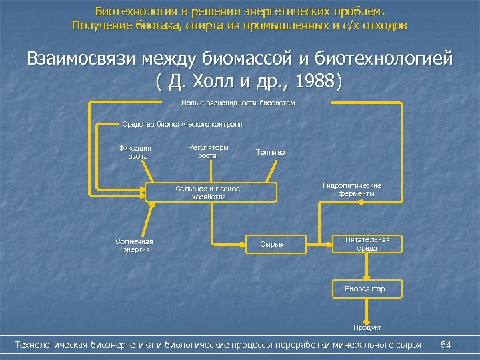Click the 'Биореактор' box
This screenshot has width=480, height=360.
coord(365,289)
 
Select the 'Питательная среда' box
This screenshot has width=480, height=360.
coord(367,243)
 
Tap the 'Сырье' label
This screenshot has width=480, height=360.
coord(271,244)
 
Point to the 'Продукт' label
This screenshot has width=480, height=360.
coord(367,327)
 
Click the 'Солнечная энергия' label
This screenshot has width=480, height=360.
coord(134,245)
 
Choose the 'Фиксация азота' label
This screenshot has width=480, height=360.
coord(135,152)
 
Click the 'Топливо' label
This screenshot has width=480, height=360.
coord(270,152)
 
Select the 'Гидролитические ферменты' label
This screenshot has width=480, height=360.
coord(351,189)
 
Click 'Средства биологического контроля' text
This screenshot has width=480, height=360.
coord(182,124)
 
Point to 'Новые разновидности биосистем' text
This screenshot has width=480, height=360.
coord(238,103)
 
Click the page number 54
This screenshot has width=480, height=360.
coord(446,344)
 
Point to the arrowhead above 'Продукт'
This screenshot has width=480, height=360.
coord(365,318)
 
